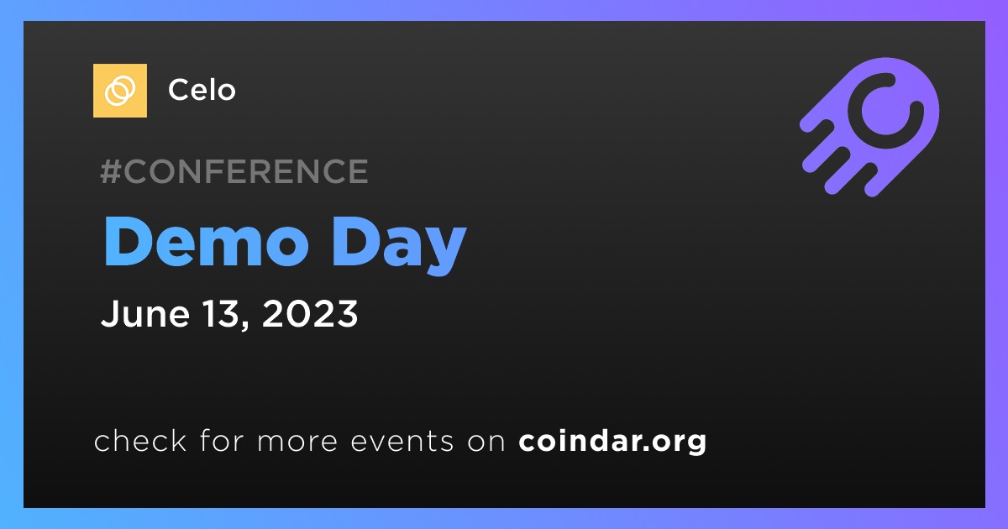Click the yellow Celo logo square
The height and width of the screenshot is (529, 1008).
[119, 91]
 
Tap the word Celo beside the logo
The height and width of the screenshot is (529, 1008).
[202, 90]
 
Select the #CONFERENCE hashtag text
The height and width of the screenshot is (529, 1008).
[234, 171]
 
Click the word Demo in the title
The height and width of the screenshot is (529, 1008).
[207, 242]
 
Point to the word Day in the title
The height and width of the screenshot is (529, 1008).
[399, 245]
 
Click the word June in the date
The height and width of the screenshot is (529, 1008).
[144, 313]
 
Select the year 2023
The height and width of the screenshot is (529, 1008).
[310, 313]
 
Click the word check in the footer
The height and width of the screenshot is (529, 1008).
[140, 440]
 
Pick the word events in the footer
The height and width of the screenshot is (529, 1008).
[402, 441]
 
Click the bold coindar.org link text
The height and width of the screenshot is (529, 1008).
[612, 442]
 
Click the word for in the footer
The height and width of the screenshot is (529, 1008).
[222, 440]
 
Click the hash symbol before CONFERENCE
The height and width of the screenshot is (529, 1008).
[110, 171]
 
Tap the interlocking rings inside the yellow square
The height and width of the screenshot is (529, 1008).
[119, 91]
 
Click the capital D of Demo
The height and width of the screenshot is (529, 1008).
[127, 242]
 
